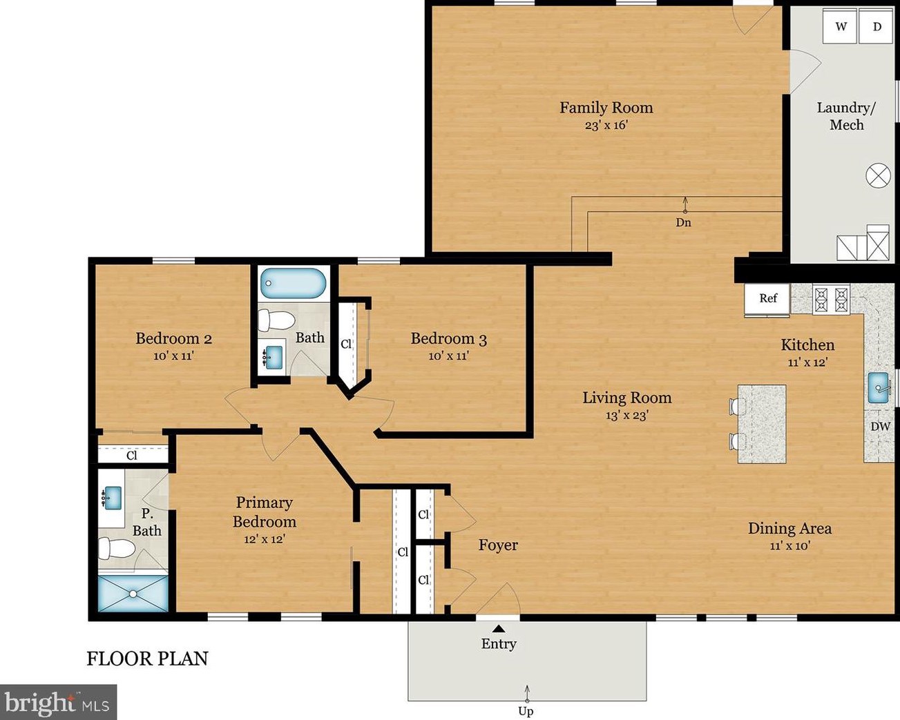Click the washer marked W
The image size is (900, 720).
[x=840, y=26]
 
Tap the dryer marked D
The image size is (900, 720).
[x=876, y=26]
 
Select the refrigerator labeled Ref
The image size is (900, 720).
[x=767, y=299]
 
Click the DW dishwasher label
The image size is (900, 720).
[x=881, y=426]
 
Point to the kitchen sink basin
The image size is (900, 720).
[x=879, y=388]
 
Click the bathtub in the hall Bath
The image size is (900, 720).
[x=293, y=283]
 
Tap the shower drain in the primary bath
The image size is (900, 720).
[x=133, y=593]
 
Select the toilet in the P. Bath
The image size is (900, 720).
[x=117, y=549]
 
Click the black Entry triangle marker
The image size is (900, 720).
[x=498, y=628]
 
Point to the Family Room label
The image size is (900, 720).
[x=606, y=108]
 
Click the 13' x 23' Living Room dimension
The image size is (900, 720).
[x=627, y=415]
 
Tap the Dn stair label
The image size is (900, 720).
[x=683, y=222]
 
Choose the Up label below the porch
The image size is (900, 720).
[x=526, y=711]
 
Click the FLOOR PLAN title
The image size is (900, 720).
[x=147, y=659]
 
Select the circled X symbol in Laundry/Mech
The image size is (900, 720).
[x=878, y=175]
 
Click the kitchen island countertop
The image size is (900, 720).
[x=762, y=424]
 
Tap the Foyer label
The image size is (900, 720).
[x=498, y=545]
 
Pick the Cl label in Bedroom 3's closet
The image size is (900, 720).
[x=346, y=344]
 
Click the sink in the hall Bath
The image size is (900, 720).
[x=274, y=357]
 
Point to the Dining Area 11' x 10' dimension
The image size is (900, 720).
[x=789, y=545]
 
